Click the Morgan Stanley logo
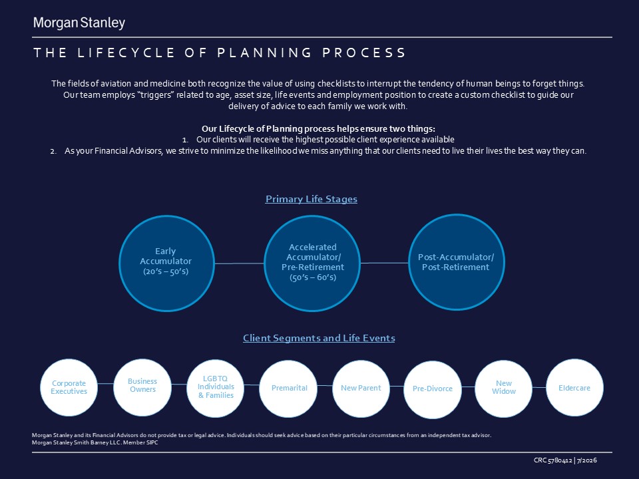79,23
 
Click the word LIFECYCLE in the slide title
126,53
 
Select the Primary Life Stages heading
312,199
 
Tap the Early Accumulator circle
166,263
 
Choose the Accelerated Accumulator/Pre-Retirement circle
312,263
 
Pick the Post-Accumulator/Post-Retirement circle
457,262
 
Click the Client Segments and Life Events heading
319,338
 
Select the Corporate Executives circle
69,387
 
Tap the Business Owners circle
142,387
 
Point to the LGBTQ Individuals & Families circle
216,388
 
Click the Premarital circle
288,389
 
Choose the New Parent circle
361,389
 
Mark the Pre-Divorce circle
433,389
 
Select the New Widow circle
504,389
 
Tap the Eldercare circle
574,387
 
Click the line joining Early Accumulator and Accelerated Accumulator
239,263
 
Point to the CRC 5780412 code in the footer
552,460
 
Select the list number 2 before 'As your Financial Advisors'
53,152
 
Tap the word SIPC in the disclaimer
152,442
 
